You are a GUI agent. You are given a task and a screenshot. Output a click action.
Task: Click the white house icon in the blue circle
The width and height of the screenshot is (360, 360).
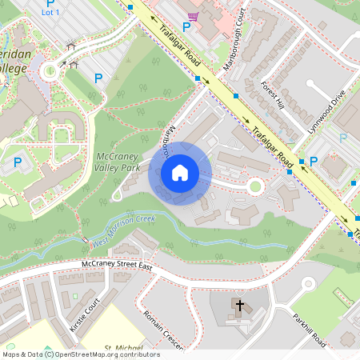(180, 172)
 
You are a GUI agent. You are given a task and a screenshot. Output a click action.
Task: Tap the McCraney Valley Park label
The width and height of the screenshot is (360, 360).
(118, 162)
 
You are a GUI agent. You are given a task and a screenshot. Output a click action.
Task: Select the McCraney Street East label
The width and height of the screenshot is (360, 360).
(117, 264)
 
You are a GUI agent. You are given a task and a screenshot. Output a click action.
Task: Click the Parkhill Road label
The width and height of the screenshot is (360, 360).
(308, 328)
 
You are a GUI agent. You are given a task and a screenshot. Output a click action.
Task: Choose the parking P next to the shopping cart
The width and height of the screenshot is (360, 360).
(186, 27)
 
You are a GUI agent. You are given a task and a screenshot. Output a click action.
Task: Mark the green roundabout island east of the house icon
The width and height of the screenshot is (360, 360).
(255, 186)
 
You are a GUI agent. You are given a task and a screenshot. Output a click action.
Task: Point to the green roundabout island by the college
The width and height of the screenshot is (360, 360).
(50, 70)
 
